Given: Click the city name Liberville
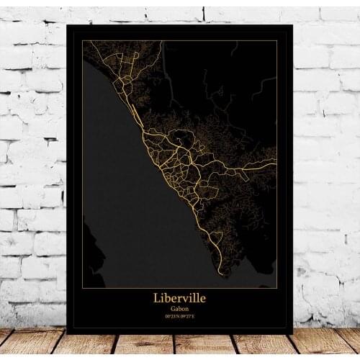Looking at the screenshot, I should pyautogui.click(x=179, y=297).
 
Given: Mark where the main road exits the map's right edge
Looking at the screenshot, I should pyautogui.click(x=276, y=159).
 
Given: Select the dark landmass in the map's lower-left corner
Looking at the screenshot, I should pyautogui.click(x=90, y=259).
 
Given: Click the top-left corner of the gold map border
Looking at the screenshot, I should pyautogui.click(x=82, y=40).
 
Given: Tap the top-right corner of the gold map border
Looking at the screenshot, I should pyautogui.click(x=277, y=40).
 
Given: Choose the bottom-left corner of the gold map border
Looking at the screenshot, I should pyautogui.click(x=82, y=287).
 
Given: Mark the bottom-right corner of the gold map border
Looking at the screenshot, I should pyautogui.click(x=277, y=287).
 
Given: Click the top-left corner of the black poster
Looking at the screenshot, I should pyautogui.click(x=66, y=24).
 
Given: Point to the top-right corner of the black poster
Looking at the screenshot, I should pyautogui.click(x=293, y=24).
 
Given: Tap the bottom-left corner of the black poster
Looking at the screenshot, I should pyautogui.click(x=66, y=334).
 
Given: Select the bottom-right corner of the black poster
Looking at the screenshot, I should pyautogui.click(x=293, y=334).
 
